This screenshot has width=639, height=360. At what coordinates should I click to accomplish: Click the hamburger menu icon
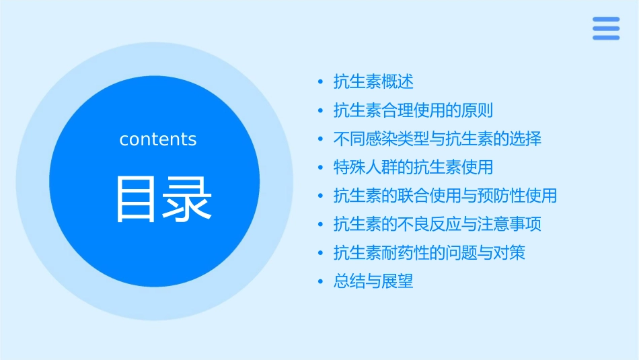tap(606, 28)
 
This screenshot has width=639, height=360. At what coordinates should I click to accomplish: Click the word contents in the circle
tap(158, 139)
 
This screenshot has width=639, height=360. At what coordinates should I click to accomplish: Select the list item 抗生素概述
tap(373, 82)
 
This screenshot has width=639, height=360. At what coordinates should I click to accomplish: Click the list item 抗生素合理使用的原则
tap(413, 110)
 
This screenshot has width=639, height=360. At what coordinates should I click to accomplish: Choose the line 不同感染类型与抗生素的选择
tap(437, 139)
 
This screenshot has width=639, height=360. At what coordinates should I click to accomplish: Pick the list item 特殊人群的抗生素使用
tap(413, 168)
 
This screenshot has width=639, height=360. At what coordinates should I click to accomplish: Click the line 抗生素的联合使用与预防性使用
tap(445, 196)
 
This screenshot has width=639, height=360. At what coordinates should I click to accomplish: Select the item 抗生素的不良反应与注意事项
tap(437, 224)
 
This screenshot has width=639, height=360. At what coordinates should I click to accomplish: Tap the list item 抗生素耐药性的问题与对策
tap(429, 253)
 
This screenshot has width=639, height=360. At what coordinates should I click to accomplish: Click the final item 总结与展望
tap(373, 281)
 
